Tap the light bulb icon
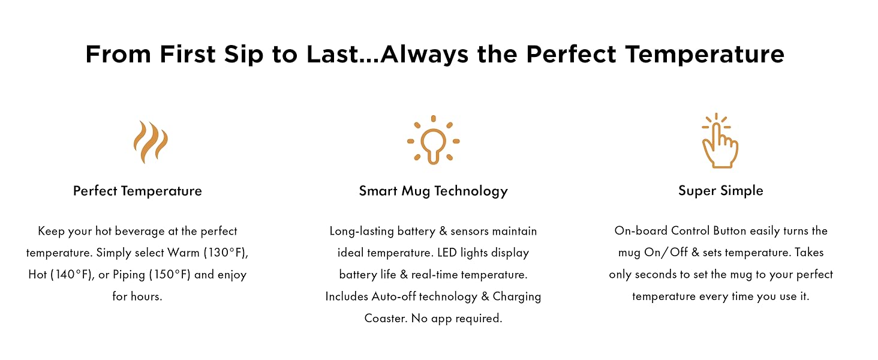[x=433, y=140]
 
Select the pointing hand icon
[x=720, y=141]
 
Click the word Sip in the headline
[x=243, y=54]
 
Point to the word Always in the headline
[x=424, y=54]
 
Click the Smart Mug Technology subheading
[x=433, y=191]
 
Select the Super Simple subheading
[x=720, y=191]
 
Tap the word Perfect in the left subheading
[x=95, y=191]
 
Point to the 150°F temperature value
[x=172, y=275]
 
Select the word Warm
[x=184, y=253]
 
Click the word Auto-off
[x=393, y=296]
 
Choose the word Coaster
[x=386, y=318]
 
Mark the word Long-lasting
[x=362, y=232]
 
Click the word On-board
[x=641, y=230]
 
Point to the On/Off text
[x=666, y=253]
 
